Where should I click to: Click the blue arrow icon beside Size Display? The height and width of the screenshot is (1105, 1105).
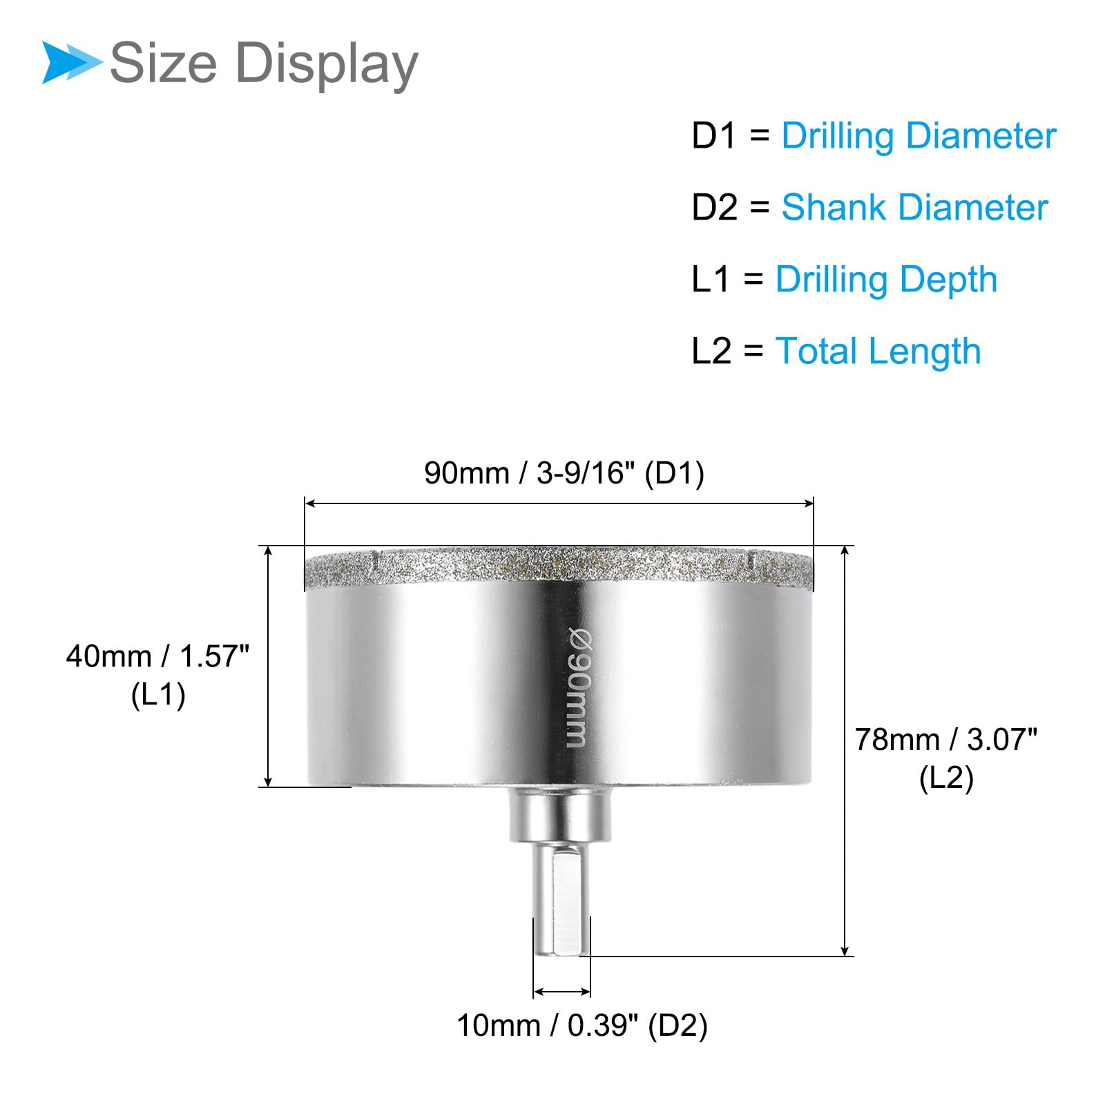(x=72, y=62)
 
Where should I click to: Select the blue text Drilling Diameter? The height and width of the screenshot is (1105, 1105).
(x=919, y=137)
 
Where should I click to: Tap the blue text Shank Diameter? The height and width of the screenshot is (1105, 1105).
(x=914, y=207)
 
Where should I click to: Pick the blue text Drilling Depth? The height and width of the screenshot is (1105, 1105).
(x=886, y=280)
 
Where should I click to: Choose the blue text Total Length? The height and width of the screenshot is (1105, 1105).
(x=878, y=352)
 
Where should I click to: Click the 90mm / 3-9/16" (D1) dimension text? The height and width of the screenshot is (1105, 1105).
(x=564, y=474)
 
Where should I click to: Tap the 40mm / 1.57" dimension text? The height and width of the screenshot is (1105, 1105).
(x=157, y=656)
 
